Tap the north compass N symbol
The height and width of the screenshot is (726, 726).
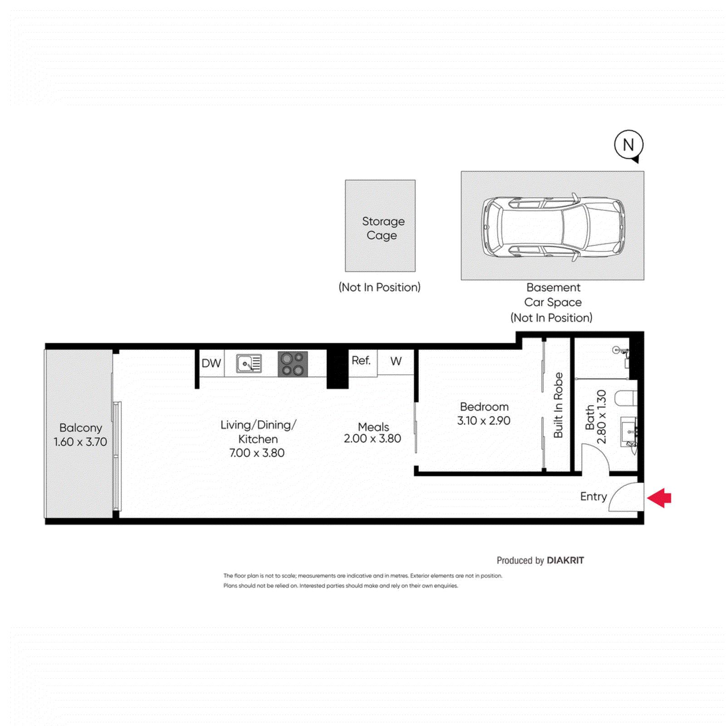click(628, 145)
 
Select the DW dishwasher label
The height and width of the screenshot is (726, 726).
click(211, 363)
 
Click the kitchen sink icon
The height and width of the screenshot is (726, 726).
click(249, 363)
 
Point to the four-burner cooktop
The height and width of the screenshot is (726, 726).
click(293, 364)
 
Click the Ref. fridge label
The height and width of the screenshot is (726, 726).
click(361, 360)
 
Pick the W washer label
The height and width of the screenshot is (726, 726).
click(396, 361)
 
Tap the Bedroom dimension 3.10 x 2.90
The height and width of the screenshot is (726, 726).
click(484, 421)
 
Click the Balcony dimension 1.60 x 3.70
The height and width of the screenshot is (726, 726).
click(80, 441)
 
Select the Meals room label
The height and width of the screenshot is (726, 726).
click(373, 427)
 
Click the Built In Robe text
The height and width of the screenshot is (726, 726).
click(558, 405)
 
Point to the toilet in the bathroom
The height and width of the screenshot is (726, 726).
click(626, 399)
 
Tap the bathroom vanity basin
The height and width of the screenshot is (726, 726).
click(629, 431)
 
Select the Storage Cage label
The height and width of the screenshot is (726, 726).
click(383, 228)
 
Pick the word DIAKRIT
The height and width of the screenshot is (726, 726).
click(565, 560)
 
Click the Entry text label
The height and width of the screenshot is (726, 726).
click(593, 496)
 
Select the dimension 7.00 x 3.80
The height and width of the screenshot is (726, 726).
click(257, 453)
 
